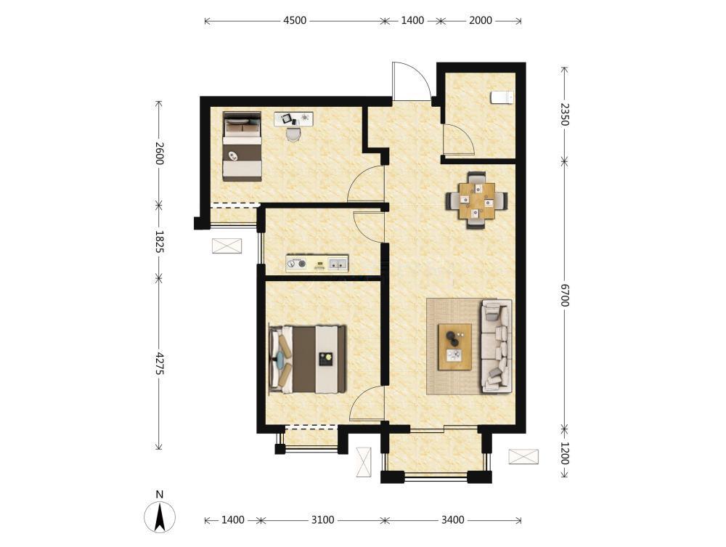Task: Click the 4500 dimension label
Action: pos(295,20)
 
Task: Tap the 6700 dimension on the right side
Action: pos(564,296)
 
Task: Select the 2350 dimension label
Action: pos(564,114)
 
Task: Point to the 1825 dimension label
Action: pos(159,242)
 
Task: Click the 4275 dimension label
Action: pos(159,364)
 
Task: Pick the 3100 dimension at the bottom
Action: pos(322,520)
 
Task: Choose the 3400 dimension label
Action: pos(452,520)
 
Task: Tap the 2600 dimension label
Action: pos(159,153)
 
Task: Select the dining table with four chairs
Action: pos(477,200)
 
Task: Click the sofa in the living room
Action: pos(497,346)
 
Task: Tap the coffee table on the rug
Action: pos(455,347)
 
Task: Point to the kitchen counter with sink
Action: pos(317,263)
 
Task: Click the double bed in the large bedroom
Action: pos(308,360)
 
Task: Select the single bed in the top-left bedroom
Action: pos(242,146)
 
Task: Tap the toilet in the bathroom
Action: pos(502,97)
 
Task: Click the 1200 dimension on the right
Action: pos(564,453)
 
